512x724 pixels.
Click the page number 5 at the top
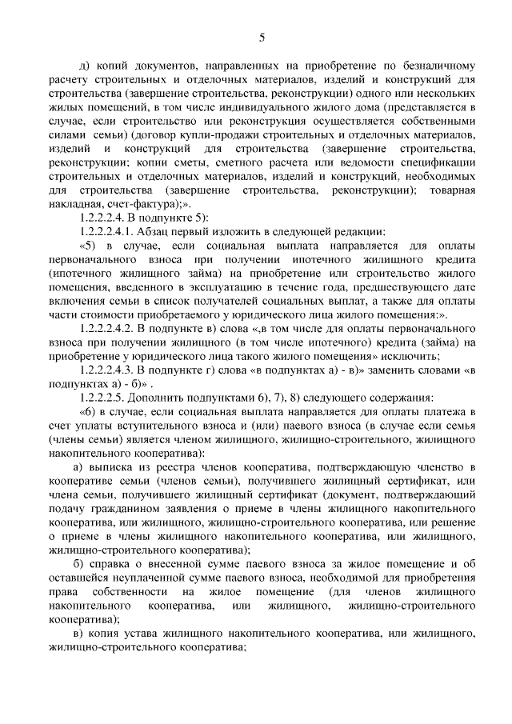(261, 36)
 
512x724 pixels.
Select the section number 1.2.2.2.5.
(108, 398)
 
